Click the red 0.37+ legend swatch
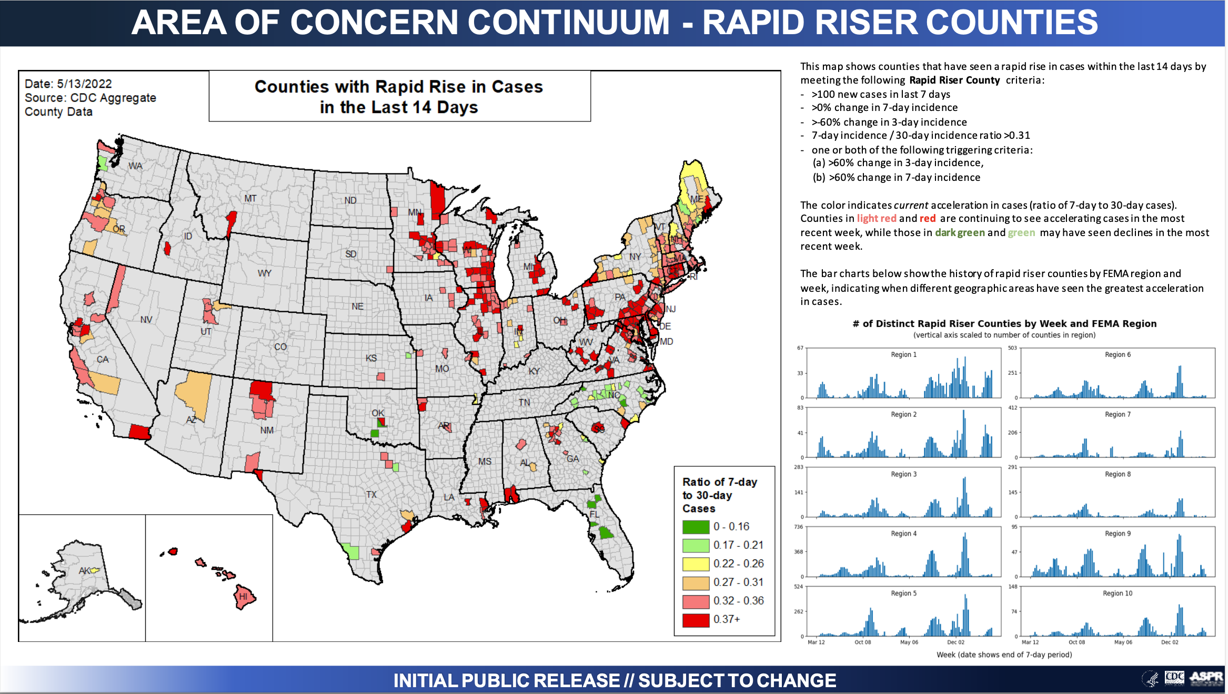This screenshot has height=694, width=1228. (x=696, y=620)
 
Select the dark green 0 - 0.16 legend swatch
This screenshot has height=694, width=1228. (x=696, y=527)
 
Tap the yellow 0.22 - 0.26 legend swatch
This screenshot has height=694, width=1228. (x=696, y=564)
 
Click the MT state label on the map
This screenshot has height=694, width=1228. (x=250, y=199)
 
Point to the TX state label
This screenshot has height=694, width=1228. (x=371, y=495)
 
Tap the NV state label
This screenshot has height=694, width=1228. (x=146, y=320)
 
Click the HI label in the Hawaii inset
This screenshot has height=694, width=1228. (x=243, y=597)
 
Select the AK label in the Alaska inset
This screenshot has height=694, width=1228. (x=85, y=570)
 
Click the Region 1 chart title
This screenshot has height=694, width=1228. (x=903, y=355)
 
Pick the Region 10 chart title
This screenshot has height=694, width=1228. (x=1118, y=594)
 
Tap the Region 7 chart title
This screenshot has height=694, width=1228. (x=1118, y=415)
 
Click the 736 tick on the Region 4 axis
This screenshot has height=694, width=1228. (x=799, y=527)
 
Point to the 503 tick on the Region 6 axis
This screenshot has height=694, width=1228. (x=1012, y=348)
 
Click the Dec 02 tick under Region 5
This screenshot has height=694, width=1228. (x=955, y=642)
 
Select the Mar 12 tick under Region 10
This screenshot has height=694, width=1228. (x=1030, y=642)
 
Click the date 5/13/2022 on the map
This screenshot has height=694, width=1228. (x=84, y=84)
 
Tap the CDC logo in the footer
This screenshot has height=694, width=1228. (x=1174, y=678)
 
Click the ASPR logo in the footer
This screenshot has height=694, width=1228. (x=1206, y=678)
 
